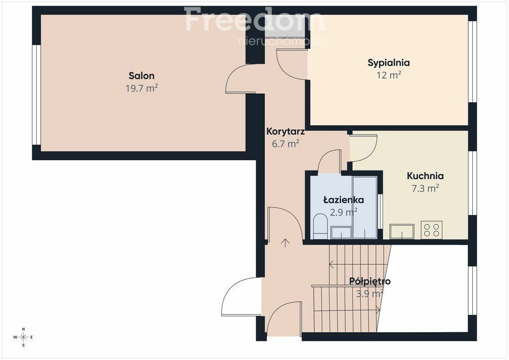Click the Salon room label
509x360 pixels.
tap(142, 76)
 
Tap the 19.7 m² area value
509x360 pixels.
tap(142, 88)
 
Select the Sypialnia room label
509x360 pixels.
tap(389, 63)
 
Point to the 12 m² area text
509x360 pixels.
tap(389, 75)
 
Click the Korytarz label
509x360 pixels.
tap(285, 131)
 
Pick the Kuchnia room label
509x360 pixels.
tap(425, 176)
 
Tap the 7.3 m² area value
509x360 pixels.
tap(425, 188)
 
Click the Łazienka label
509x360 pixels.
tap(343, 199)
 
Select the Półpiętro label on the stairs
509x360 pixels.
tap(370, 281)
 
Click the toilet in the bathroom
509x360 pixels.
tap(321, 226)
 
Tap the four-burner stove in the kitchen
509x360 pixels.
tap(431, 230)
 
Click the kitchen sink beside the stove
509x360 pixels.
tap(402, 231)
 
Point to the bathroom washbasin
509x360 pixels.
tap(341, 232)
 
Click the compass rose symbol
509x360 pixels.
tap(23, 337)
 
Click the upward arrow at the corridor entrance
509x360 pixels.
tap(285, 243)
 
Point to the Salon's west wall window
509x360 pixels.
tap(36, 95)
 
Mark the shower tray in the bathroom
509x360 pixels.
tap(364, 207)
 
